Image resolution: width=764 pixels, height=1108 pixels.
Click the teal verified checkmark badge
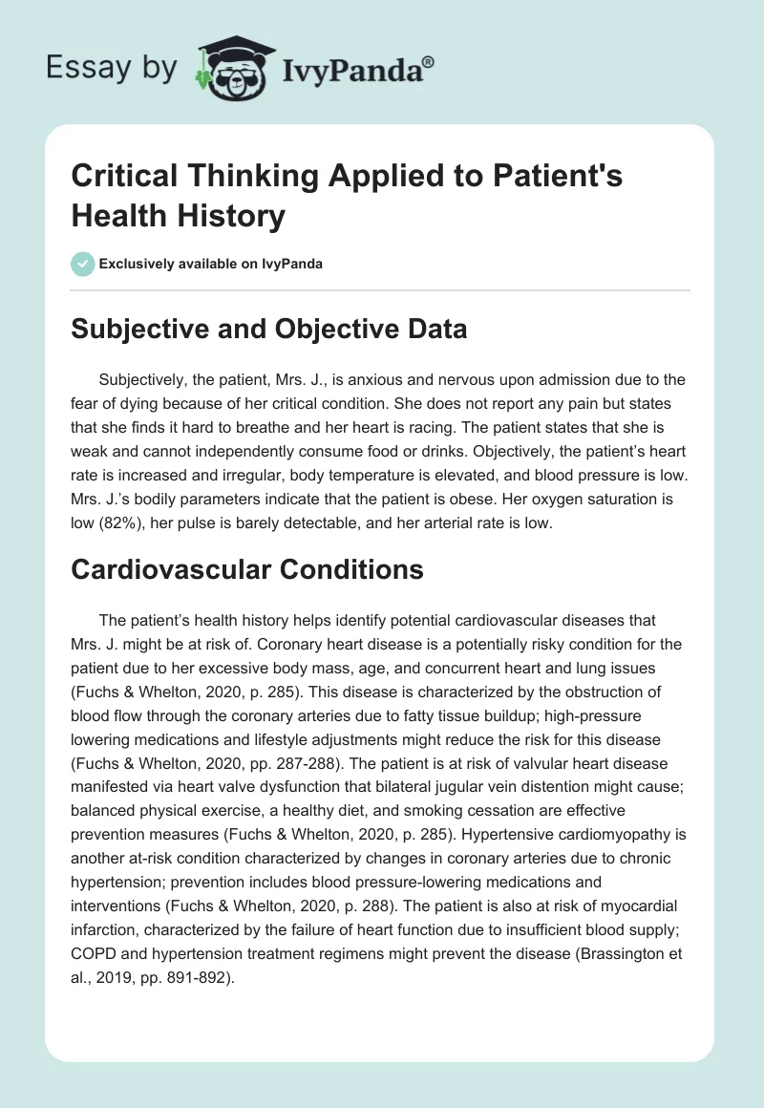tap(82, 264)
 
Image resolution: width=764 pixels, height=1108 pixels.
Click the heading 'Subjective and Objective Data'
tap(270, 329)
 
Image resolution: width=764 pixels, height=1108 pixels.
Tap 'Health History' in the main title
tap(177, 216)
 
